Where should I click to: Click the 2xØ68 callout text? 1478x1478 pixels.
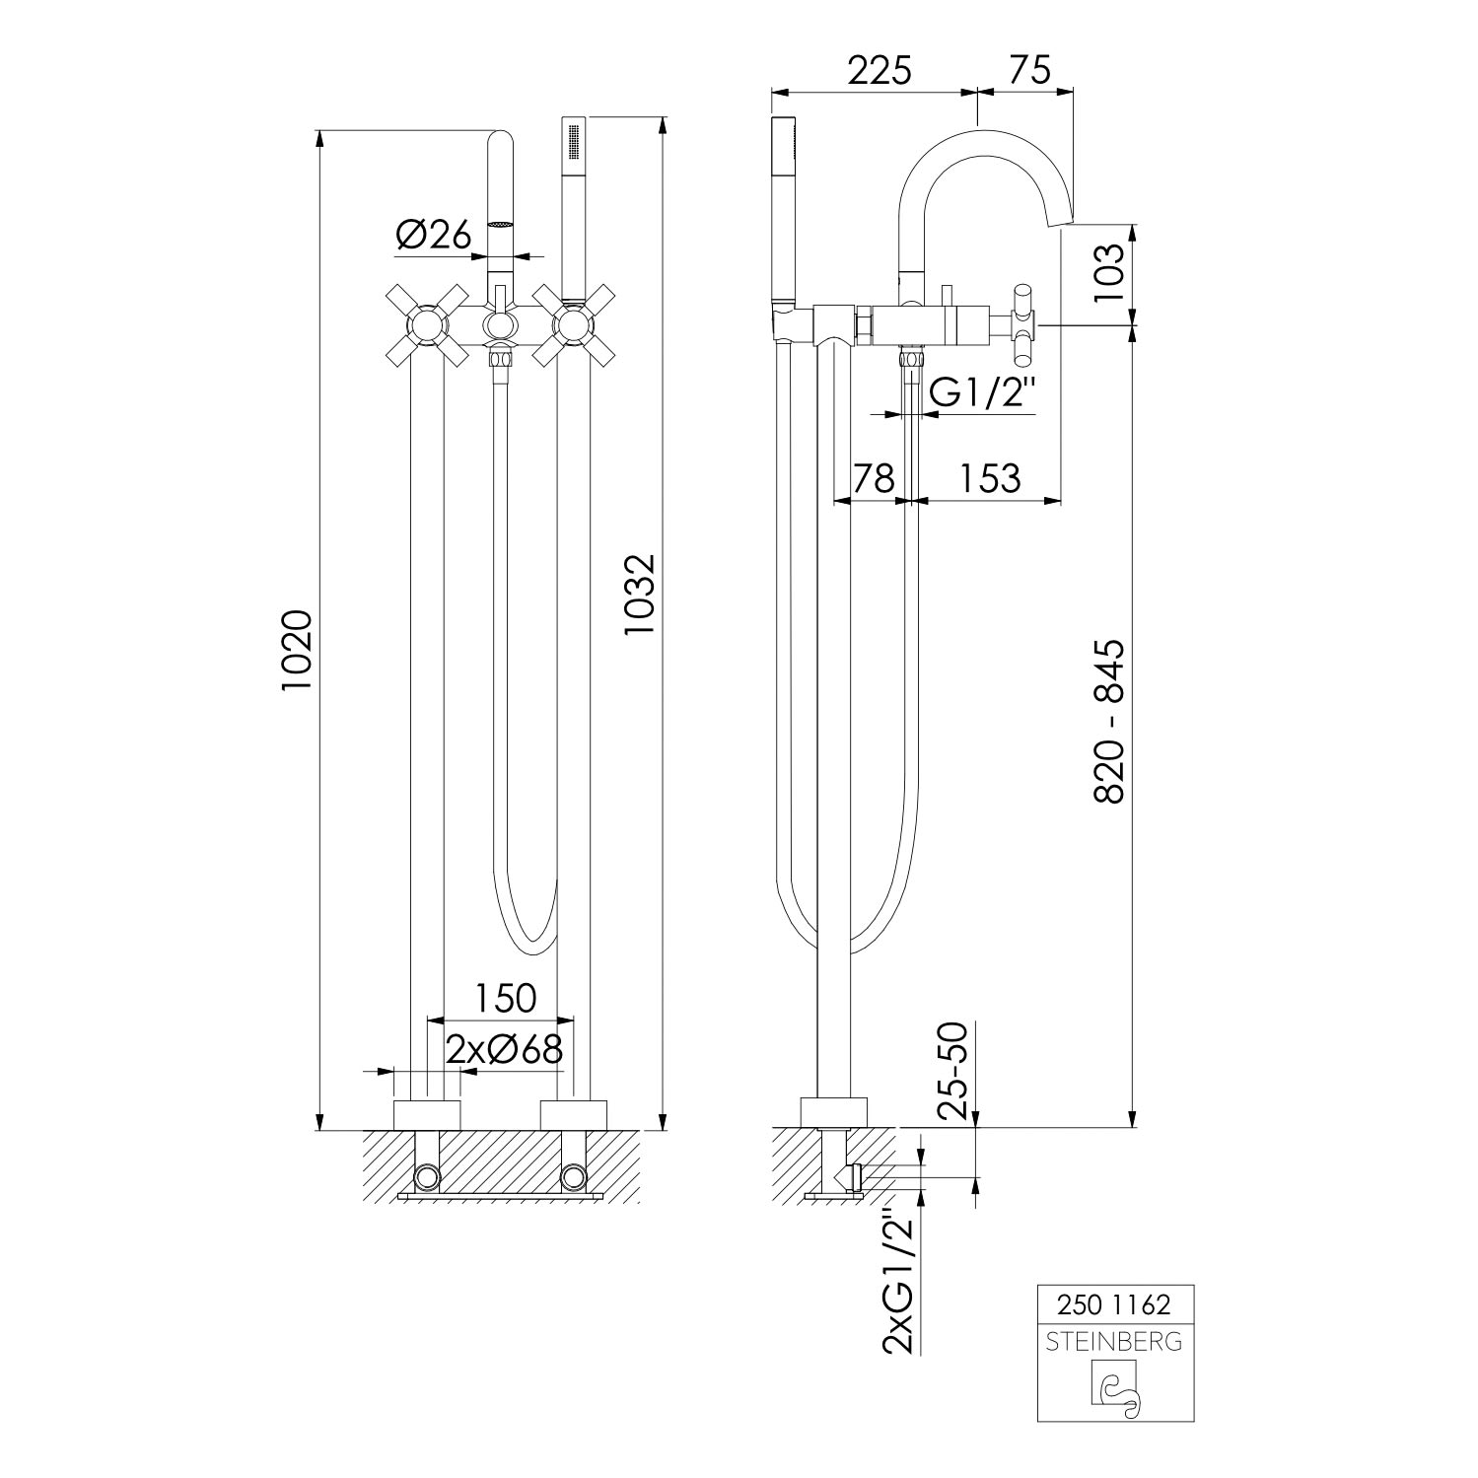pyautogui.click(x=504, y=1048)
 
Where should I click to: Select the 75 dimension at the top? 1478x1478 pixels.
pyautogui.click(x=1029, y=71)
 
